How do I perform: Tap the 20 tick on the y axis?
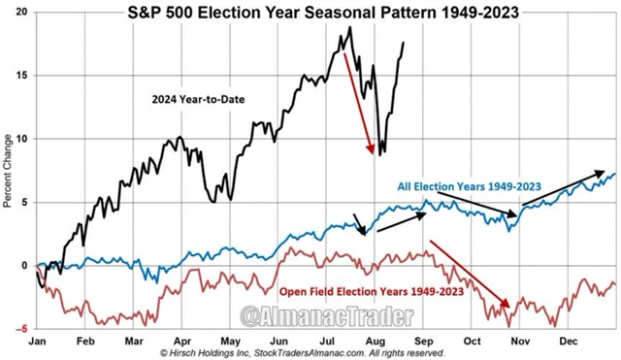point(23,13)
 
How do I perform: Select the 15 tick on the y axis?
point(23,76)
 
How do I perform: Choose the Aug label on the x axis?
point(374,342)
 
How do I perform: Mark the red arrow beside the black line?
point(357,102)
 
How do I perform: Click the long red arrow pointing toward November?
point(470,274)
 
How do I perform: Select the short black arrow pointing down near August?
point(360,223)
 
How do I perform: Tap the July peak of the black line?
point(348,28)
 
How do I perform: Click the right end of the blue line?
point(614,175)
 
